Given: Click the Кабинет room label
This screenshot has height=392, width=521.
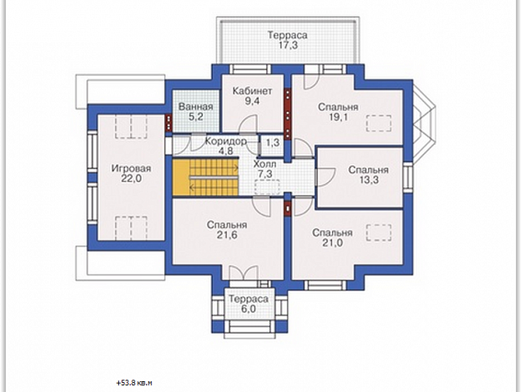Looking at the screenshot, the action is point(252,91).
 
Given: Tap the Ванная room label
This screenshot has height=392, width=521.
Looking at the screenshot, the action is point(196,107).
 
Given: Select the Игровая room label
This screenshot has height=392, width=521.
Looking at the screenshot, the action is point(131,168).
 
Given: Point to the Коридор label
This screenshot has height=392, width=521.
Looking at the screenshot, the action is point(226,141).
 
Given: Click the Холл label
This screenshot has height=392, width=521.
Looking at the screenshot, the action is point(265,164).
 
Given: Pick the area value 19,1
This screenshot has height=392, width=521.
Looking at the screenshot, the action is point(338,117).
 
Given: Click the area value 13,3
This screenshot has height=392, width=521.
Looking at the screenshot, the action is point(369,180).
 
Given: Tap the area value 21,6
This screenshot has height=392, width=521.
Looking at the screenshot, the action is point(228,236).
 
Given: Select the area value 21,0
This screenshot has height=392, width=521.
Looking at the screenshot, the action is point(332,243).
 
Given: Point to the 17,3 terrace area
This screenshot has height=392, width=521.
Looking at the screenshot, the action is point(288,45).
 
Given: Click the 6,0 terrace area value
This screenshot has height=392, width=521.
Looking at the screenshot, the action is point(248,309).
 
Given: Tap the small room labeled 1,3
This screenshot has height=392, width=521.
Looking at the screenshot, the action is point(273,142).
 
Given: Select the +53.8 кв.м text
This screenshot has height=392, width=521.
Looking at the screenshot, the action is point(134,383).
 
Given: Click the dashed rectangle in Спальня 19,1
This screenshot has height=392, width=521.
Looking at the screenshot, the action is point(379,124).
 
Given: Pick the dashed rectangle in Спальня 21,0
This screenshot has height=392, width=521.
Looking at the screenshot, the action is point(379,233).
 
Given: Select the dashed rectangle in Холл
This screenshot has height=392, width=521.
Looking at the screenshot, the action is point(267,186).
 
